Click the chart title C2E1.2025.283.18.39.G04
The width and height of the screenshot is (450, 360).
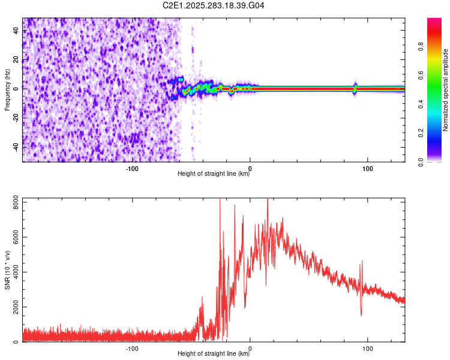214,5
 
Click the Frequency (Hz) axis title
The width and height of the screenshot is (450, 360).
7,90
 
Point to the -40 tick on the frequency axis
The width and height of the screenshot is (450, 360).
16,146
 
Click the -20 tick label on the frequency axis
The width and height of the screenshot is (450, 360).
16,118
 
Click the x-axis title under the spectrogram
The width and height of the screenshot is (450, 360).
214,174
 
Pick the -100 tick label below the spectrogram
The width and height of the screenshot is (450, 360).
132,168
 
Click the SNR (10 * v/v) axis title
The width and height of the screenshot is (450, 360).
7,269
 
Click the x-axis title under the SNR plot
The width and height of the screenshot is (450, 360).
214,354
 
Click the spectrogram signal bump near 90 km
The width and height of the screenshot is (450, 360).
355,88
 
